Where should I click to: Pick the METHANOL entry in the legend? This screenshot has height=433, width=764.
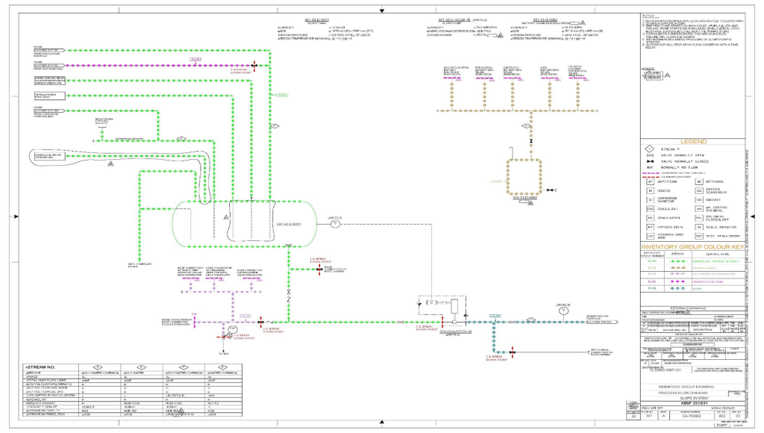718,181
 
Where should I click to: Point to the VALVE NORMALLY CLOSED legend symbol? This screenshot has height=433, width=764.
650,161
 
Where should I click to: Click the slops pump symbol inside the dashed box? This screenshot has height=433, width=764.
454,306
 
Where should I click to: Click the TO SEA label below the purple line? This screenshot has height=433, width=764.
222,351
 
